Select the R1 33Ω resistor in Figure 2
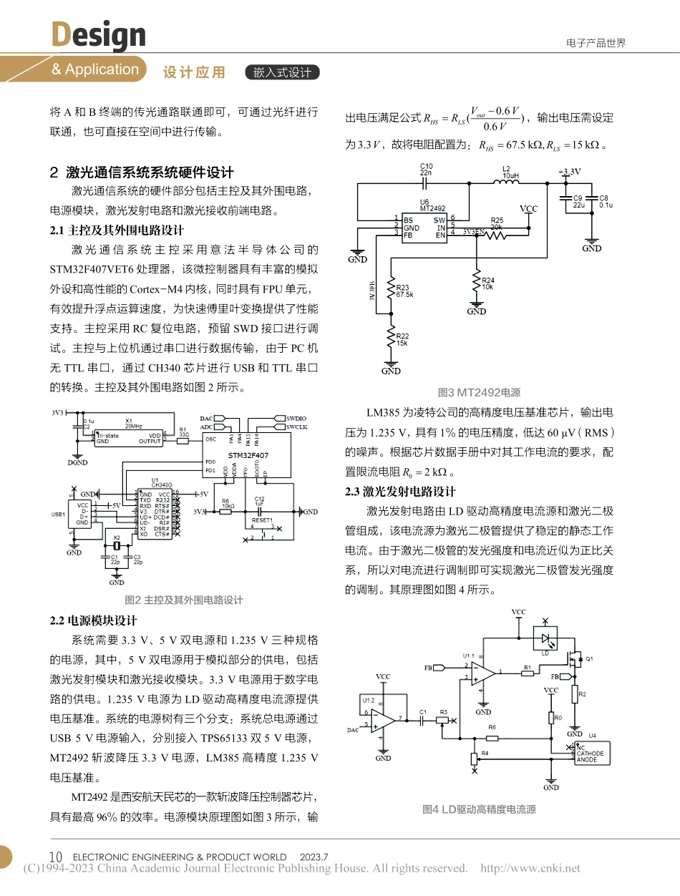pyautogui.click(x=183, y=441)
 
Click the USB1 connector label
pyautogui.click(x=59, y=514)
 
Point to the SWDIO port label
pyautogui.click(x=296, y=417)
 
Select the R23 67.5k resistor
pyautogui.click(x=391, y=290)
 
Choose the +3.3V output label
pyautogui.click(x=569, y=172)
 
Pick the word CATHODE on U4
pyautogui.click(x=591, y=754)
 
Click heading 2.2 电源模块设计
pyautogui.click(x=93, y=620)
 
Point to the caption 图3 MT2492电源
pyautogui.click(x=479, y=392)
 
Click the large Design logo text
pyautogui.click(x=98, y=34)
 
